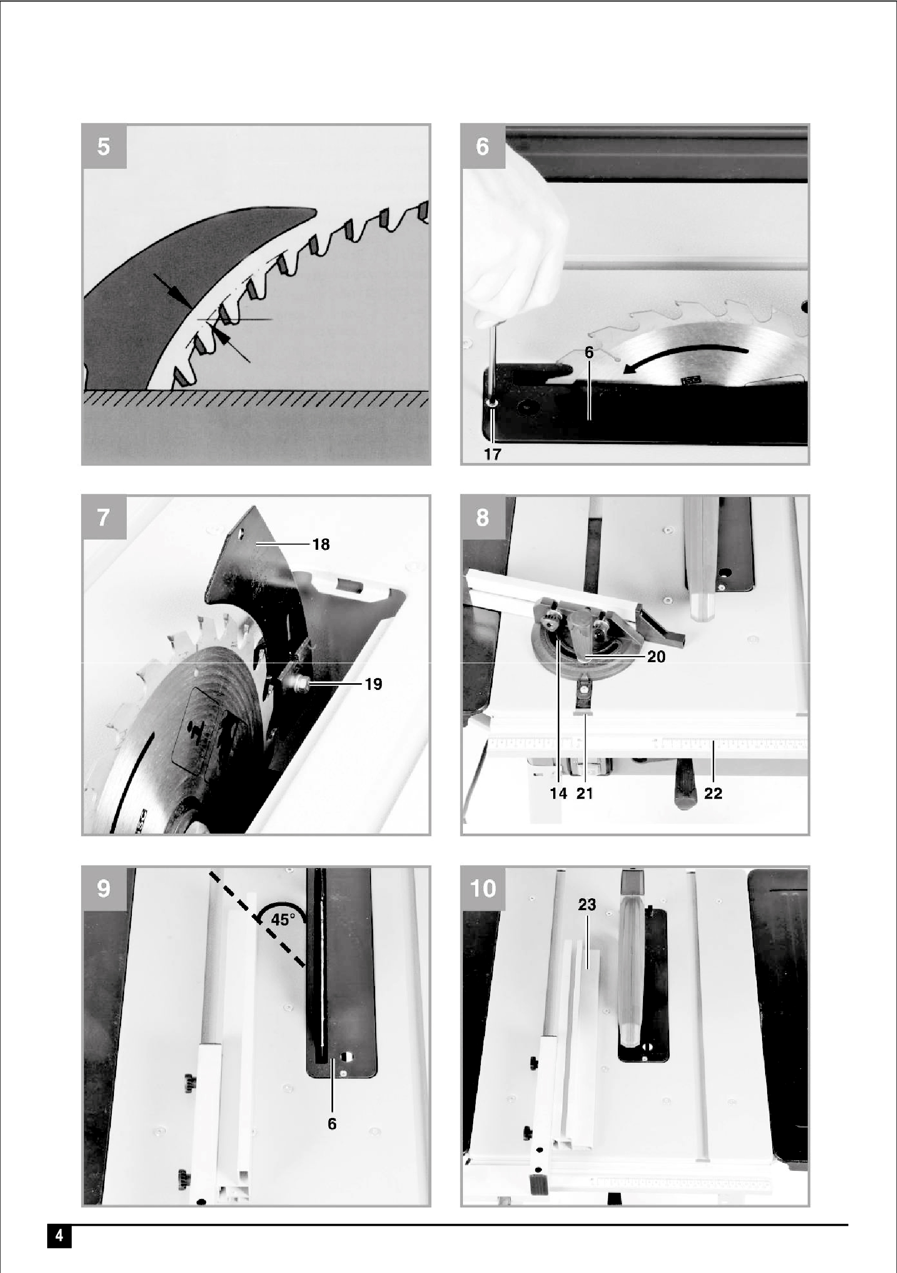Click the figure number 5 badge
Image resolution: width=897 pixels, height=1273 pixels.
tap(104, 147)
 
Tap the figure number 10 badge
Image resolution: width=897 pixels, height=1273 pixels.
tap(483, 889)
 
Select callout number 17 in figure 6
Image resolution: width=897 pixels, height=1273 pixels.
tap(492, 454)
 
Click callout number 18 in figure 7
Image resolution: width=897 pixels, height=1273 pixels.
tap(321, 545)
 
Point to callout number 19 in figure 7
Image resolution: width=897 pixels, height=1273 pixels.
tap(374, 684)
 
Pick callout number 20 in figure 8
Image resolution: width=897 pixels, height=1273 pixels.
tap(656, 657)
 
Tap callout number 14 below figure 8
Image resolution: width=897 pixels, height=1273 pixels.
tap(558, 794)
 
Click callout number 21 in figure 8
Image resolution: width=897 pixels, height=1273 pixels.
tap(585, 794)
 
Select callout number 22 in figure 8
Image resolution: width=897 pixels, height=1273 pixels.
tap(713, 794)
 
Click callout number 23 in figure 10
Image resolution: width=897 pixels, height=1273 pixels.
tap(587, 905)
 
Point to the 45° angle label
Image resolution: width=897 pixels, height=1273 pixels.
tap(283, 920)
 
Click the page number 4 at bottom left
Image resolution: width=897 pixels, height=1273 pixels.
tap(60, 1237)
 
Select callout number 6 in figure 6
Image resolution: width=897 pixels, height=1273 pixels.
tap(589, 352)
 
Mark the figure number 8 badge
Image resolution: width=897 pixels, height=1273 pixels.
tap(483, 518)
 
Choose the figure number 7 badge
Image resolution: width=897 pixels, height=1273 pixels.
tap(104, 518)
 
